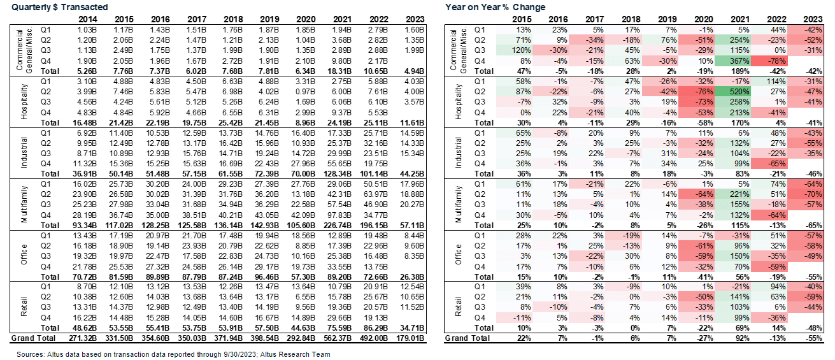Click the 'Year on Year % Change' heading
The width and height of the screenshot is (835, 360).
(496, 7)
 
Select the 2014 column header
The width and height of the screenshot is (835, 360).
(85, 18)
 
